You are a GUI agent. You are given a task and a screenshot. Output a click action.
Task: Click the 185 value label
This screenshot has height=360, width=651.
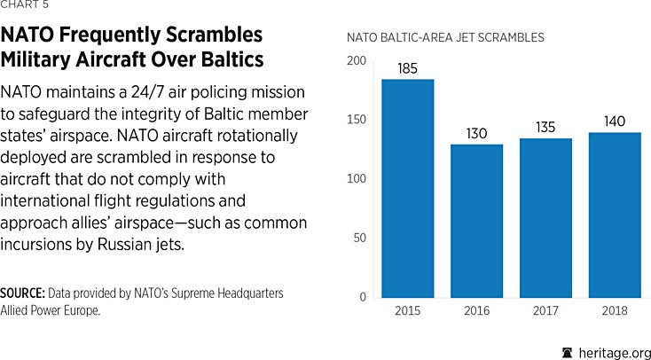click(408, 67)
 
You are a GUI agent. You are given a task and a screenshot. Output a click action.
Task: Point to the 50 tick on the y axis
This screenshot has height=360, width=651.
click(358, 239)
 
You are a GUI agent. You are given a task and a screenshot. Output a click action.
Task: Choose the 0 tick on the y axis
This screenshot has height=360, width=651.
click(362, 297)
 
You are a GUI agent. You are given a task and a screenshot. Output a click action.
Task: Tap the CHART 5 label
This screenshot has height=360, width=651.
click(25, 5)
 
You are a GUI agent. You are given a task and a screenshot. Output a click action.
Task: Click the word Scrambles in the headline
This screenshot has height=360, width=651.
click(213, 36)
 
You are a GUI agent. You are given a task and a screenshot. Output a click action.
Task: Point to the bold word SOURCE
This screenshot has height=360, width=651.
click(22, 293)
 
